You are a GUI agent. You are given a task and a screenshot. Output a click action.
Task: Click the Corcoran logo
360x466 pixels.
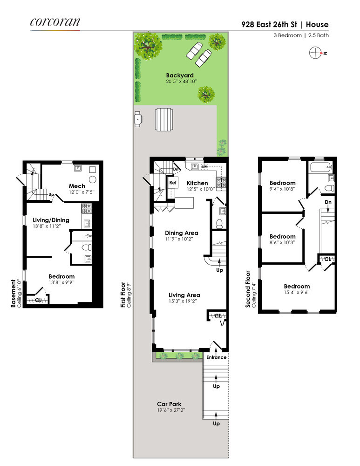55,22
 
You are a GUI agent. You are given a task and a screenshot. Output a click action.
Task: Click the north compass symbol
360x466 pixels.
316,53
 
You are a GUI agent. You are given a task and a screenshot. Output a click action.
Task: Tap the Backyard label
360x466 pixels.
179,75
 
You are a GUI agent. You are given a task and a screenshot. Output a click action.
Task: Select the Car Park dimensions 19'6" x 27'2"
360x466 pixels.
169,411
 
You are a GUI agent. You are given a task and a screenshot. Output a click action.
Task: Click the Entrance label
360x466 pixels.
217,357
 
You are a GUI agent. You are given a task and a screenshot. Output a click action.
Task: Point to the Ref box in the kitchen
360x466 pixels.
172,183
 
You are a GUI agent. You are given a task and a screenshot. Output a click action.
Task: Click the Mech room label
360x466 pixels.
77,186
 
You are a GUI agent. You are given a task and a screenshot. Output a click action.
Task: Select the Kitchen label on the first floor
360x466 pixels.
197,183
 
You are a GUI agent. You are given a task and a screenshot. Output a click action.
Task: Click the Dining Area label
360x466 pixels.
181,233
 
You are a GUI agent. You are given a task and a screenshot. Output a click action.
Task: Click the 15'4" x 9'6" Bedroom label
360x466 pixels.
297,286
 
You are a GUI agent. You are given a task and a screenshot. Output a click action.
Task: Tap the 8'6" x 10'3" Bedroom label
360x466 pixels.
282,236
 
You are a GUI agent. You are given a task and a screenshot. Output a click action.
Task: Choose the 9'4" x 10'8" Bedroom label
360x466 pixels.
282,183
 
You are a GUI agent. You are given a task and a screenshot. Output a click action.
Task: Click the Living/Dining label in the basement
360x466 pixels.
51,220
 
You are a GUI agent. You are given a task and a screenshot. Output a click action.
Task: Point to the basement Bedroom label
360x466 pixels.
61,276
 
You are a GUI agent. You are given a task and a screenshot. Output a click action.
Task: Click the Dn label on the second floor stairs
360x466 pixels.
328,202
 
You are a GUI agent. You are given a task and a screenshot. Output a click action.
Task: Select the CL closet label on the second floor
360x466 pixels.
327,259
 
